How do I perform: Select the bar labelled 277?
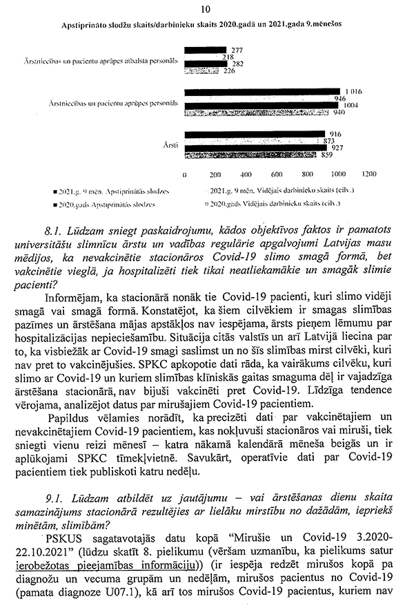[206, 50]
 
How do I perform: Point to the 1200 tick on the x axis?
[369, 174]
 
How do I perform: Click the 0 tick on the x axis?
[185, 174]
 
